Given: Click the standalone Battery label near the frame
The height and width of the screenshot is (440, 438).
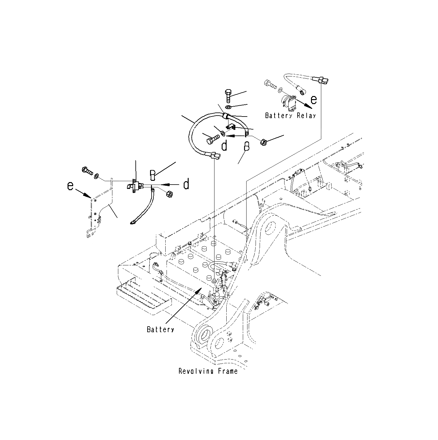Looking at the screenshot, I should (x=160, y=329).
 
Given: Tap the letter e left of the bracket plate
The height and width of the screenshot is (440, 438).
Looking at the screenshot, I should (x=71, y=186).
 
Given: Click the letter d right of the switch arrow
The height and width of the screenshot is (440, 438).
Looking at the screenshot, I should (x=186, y=185).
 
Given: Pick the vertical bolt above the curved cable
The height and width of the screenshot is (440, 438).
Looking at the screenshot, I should (x=227, y=95).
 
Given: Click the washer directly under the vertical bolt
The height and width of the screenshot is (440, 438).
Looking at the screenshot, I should (x=228, y=107).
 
